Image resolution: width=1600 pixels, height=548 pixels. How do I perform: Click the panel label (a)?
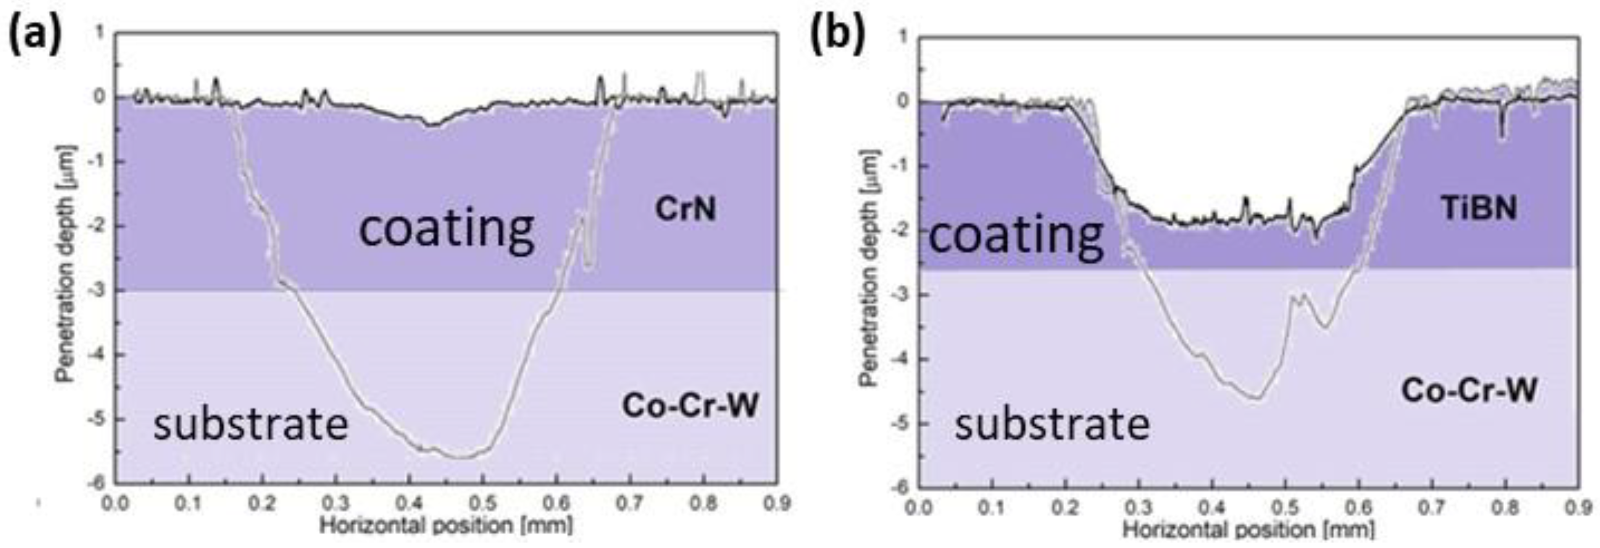pos(35,34)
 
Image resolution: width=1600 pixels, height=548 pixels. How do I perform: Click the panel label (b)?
pos(837,34)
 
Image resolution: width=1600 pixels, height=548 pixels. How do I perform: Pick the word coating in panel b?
pos(1016,237)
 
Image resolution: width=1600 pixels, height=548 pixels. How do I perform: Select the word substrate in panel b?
pos(1052,425)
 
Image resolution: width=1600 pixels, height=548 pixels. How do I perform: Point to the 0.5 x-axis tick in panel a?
pos(483,503)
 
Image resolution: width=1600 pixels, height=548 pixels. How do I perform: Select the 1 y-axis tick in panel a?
pos(100,32)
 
